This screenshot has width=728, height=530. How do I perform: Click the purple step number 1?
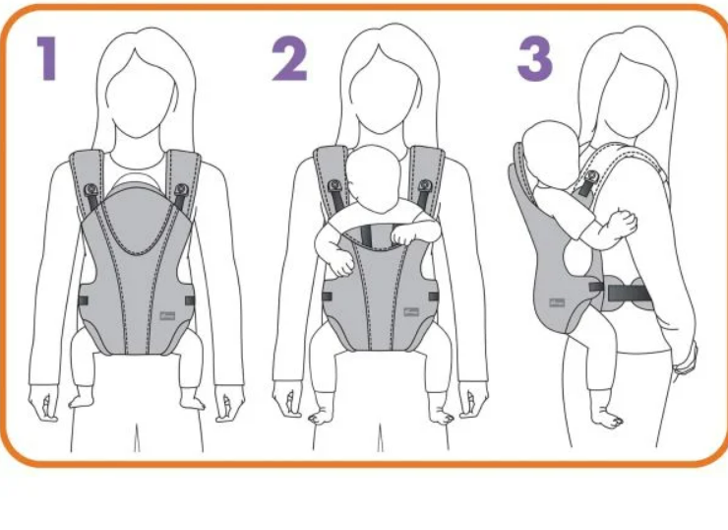48,58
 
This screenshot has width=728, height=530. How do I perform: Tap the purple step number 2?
289,58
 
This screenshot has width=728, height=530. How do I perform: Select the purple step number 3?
535,58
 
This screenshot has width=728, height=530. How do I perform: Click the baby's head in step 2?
374,179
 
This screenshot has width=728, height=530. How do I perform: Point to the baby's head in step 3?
550,155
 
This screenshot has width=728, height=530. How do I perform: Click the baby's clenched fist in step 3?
623,224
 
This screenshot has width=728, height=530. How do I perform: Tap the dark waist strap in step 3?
628,293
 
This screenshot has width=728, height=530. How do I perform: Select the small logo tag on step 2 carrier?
411,312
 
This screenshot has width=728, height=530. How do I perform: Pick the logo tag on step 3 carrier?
557,303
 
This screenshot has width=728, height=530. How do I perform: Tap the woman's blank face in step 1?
140,96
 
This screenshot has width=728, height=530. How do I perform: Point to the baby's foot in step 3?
607,418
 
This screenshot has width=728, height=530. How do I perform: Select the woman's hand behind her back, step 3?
687,357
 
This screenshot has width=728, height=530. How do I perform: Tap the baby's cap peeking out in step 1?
135,180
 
